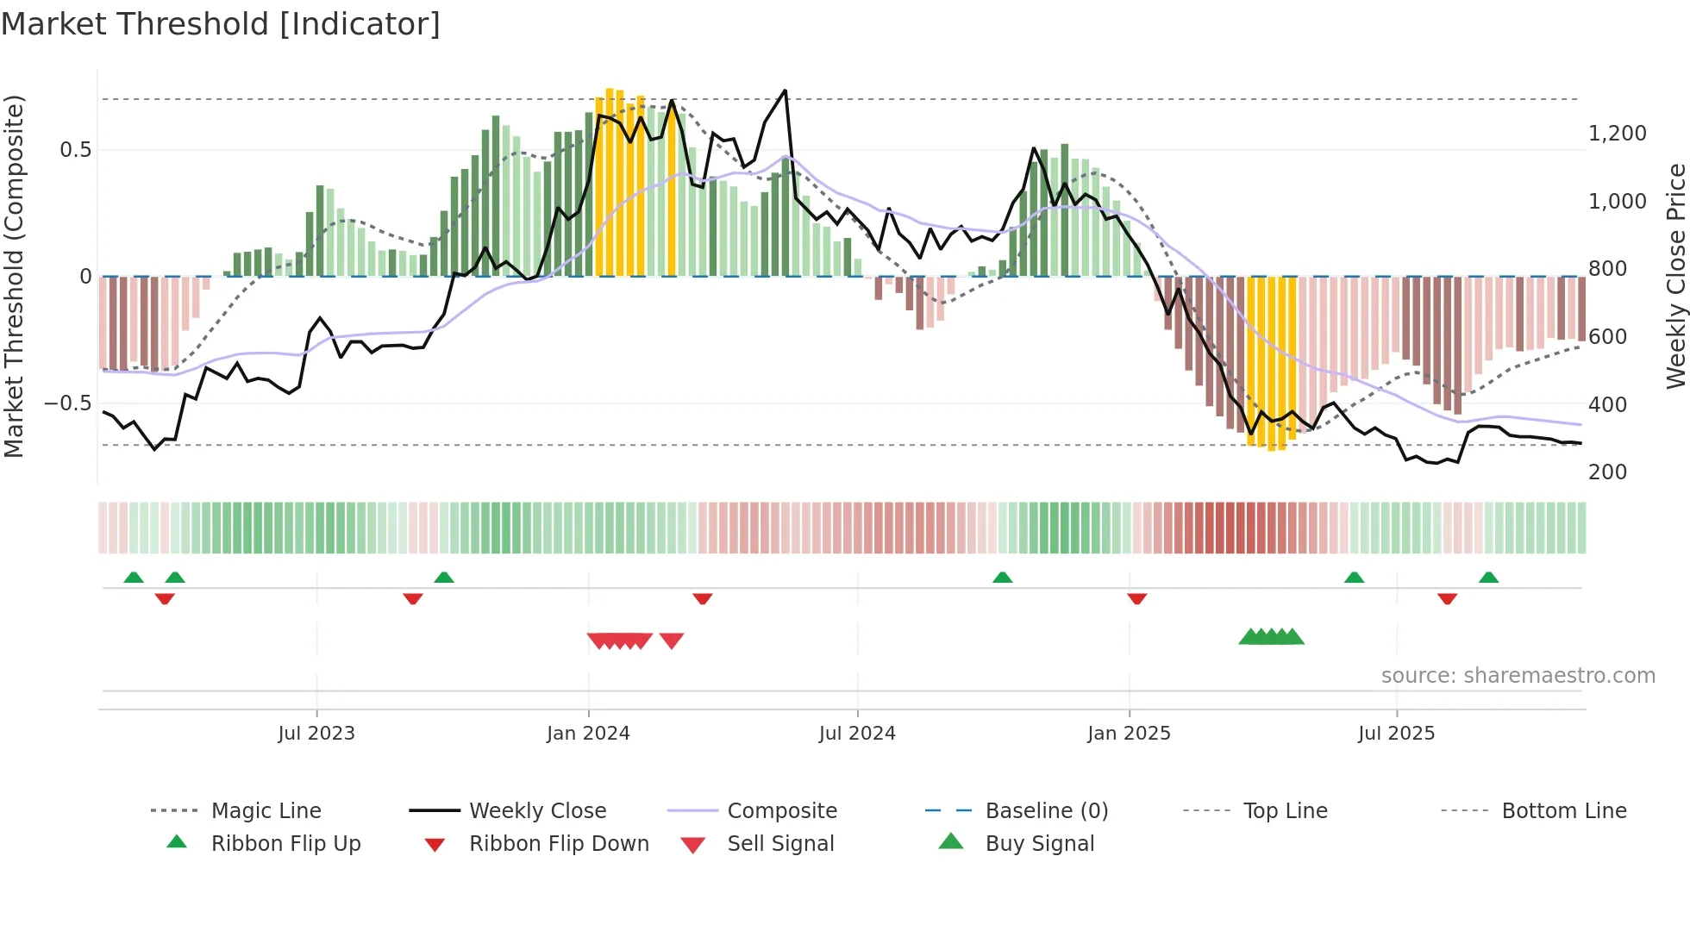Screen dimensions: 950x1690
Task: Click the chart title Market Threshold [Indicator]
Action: [221, 24]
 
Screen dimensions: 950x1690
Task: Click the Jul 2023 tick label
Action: [316, 734]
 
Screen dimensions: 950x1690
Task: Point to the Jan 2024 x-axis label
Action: [588, 734]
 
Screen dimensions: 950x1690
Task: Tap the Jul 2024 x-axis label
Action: [857, 734]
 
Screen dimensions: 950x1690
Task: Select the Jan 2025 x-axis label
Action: [1129, 734]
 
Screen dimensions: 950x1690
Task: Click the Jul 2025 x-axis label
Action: [1396, 734]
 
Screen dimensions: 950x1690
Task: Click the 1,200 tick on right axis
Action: [1617, 134]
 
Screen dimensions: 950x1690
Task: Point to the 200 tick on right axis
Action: [1607, 472]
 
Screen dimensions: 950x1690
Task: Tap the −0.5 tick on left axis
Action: [67, 403]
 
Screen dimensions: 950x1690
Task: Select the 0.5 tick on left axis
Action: [75, 150]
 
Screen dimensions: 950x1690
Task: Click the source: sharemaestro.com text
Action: [1518, 676]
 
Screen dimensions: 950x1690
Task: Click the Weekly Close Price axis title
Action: [1675, 276]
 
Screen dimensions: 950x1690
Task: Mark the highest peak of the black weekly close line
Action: [785, 91]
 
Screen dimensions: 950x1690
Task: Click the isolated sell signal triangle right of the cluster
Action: [672, 640]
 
